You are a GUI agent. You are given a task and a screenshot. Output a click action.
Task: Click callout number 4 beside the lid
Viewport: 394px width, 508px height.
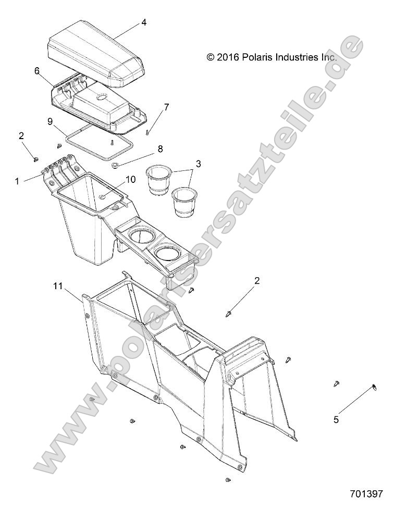143,22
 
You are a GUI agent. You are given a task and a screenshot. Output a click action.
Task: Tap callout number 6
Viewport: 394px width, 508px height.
37,71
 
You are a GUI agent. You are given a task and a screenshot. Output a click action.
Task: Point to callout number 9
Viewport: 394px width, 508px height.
50,121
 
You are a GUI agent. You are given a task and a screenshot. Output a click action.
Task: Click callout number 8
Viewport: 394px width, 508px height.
160,148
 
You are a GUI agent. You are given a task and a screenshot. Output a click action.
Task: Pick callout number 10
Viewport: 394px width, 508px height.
130,179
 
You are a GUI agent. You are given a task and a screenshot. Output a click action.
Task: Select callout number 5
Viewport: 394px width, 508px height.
336,418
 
